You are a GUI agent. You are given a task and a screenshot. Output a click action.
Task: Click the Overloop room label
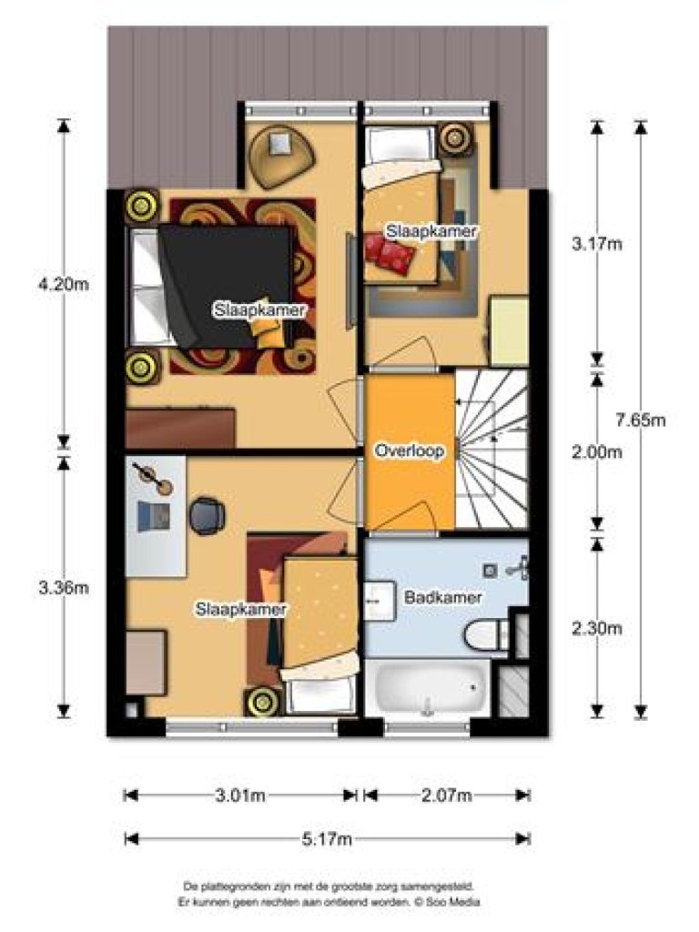409,451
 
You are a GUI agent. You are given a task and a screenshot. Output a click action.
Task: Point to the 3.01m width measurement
240,795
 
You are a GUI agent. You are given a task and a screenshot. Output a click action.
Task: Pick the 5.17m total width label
327,838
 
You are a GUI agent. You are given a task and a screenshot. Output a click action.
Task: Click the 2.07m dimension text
447,795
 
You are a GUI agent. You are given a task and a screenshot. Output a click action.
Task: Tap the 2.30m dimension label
596,627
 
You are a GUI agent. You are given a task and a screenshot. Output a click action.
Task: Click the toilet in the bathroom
485,634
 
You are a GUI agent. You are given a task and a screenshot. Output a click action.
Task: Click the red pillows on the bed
389,252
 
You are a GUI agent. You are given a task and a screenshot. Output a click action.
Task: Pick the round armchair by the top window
280,151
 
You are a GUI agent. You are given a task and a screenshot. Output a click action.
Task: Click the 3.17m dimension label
596,243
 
